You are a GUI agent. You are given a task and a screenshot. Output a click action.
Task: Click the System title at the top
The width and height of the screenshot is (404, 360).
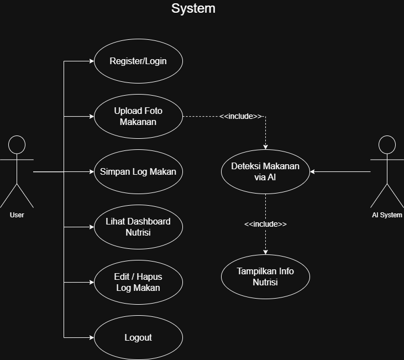[x=193, y=9]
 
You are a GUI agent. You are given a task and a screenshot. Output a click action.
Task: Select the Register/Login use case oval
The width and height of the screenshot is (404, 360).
[x=138, y=61]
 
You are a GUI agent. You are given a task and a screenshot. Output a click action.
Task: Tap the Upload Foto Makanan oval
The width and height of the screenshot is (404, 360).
[x=138, y=116]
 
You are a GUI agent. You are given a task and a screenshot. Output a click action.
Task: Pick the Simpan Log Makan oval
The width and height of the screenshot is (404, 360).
[x=138, y=171]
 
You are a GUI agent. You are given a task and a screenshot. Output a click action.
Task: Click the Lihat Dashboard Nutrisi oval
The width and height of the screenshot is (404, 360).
[x=138, y=227]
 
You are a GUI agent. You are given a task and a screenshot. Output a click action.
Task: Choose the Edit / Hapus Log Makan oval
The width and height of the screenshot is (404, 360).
[x=138, y=282]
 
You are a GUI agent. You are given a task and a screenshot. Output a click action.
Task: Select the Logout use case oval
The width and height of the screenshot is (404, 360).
[x=138, y=337]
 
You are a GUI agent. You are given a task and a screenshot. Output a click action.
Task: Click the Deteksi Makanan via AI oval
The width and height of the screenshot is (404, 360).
[x=265, y=171]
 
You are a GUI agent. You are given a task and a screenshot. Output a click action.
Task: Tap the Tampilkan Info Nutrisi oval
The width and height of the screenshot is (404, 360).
[x=265, y=276]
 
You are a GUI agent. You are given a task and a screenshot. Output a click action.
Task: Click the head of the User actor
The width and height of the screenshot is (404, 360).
[x=17, y=145]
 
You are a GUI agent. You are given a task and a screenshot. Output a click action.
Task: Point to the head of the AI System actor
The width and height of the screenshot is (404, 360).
[x=387, y=145]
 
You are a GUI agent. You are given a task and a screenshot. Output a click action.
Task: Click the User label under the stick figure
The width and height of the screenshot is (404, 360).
[x=17, y=215]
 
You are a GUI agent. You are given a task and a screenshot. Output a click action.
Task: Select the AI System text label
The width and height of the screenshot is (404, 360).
[x=387, y=215]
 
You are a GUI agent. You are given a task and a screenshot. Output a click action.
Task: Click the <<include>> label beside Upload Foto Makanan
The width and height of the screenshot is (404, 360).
[x=240, y=116]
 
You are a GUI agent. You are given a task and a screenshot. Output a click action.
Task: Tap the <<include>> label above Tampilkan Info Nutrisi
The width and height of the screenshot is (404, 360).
[x=265, y=224]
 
